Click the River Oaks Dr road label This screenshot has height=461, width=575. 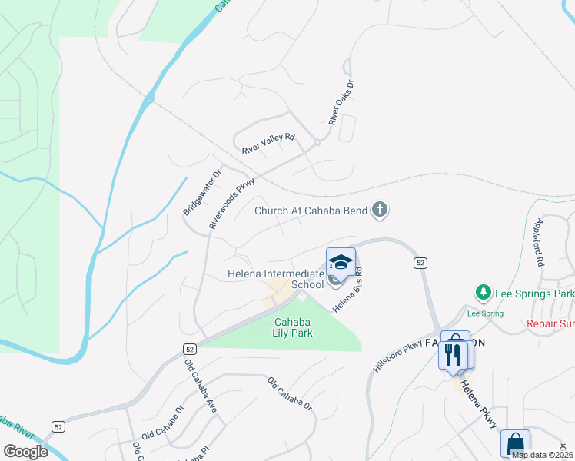tap(340, 104)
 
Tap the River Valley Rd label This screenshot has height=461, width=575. tap(268, 142)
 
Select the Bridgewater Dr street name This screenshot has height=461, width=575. tap(202, 192)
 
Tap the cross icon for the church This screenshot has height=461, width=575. tap(379, 209)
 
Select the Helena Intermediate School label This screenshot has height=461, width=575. tap(276, 279)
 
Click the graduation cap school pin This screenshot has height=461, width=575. tap(341, 263)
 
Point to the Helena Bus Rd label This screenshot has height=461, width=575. tap(347, 289)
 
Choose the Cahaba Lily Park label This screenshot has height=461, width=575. tap(292, 327)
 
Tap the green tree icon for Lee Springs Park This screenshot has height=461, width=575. tap(483, 293)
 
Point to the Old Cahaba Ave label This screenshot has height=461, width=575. tap(201, 385)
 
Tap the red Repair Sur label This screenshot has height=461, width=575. tap(550, 323)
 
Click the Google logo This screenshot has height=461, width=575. tap(25, 451)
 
